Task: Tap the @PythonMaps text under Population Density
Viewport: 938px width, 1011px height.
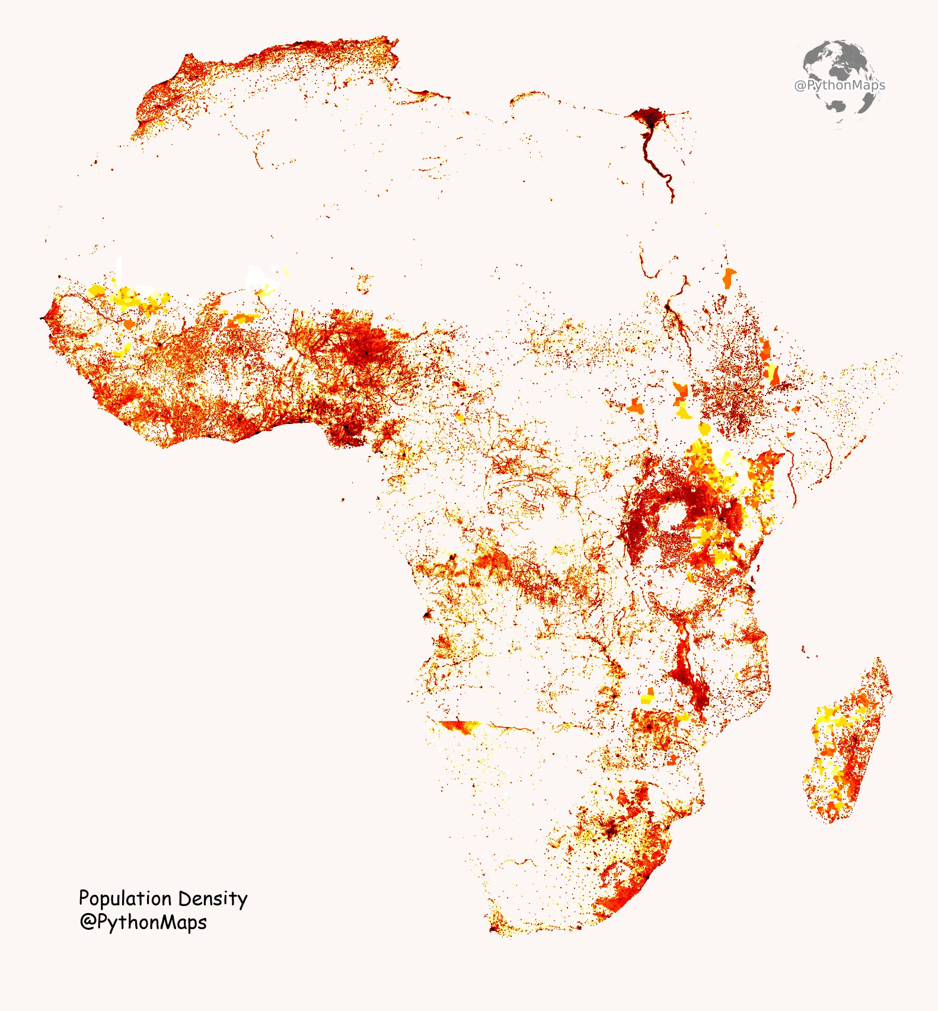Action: point(143,923)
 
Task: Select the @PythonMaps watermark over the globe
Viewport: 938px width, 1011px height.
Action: point(839,85)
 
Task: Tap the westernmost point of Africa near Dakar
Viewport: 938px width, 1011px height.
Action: point(42,318)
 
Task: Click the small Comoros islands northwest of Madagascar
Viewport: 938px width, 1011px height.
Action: point(804,650)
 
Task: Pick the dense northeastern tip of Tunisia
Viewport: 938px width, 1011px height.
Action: point(394,43)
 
